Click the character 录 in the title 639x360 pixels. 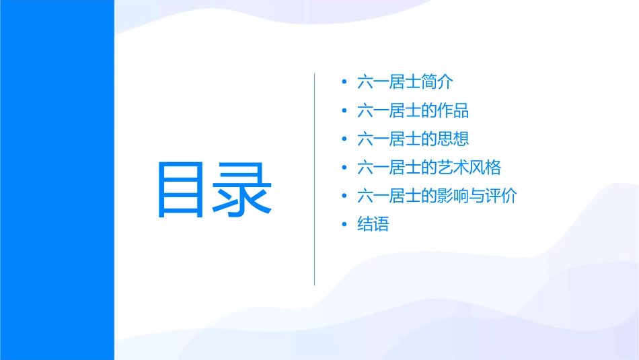coord(243,190)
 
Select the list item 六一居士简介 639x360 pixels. coord(405,82)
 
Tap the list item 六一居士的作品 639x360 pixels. coord(413,110)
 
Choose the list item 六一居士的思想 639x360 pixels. coord(413,139)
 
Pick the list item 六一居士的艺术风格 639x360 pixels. coord(429,168)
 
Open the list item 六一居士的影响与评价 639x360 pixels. coord(437,196)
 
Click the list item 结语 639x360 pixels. coord(373,225)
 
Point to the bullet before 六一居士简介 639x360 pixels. coord(344,82)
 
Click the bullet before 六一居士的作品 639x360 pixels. coord(344,110)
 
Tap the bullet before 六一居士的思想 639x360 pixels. coord(344,139)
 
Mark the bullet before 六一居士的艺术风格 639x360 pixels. coord(344,168)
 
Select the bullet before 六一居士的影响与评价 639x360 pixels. coord(344,196)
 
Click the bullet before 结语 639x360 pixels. coord(344,225)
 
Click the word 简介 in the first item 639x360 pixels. coord(437,82)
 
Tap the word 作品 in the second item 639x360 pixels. coord(453,110)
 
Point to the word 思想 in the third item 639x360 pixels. coord(453,139)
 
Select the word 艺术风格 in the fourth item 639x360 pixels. coord(469,168)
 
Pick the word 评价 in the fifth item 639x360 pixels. coord(502,196)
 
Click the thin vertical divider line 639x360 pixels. coord(315,180)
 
